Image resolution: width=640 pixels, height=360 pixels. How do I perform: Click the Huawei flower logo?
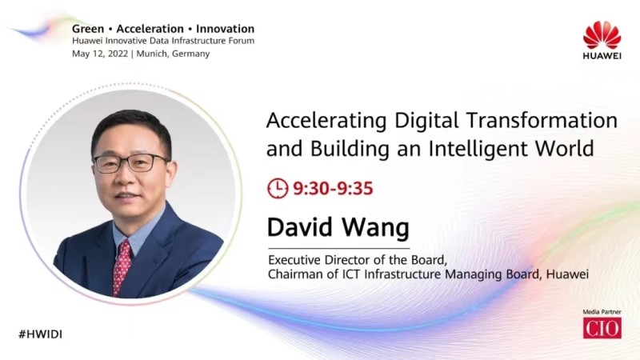click(602, 35)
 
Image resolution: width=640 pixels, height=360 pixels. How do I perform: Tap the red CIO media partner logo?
click(602, 328)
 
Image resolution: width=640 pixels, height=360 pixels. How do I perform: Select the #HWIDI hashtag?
click(41, 334)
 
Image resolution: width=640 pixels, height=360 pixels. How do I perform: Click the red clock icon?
click(278, 188)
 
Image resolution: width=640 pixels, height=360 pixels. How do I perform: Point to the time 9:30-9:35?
click(333, 189)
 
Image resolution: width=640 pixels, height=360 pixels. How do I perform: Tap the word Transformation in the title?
click(542, 121)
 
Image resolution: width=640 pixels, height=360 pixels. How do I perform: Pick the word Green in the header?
click(88, 29)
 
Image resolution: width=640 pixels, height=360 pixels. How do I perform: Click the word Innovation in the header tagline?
click(225, 29)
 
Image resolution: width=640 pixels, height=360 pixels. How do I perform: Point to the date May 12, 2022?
click(100, 54)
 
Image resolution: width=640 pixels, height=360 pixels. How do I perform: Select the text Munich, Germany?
click(173, 54)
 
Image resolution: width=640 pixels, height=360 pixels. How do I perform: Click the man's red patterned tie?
click(122, 267)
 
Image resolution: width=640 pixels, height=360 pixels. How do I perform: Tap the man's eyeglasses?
click(130, 163)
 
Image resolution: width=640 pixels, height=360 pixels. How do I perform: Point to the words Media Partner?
click(602, 312)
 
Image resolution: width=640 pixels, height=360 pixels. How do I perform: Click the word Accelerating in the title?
click(326, 122)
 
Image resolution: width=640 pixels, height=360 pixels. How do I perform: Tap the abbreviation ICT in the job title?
click(351, 274)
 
